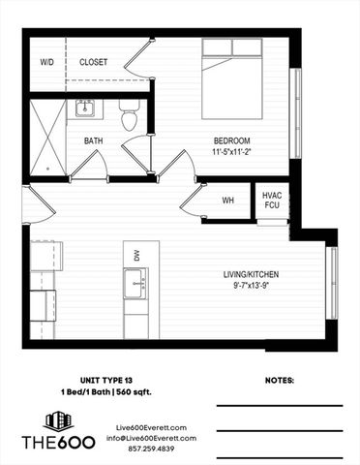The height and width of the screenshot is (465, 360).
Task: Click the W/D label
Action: pyautogui.click(x=45, y=62)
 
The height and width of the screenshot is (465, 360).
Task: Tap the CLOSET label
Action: pyautogui.click(x=93, y=62)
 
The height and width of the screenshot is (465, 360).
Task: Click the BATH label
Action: pyautogui.click(x=93, y=140)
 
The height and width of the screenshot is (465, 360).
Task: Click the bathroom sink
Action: pyautogui.click(x=84, y=108)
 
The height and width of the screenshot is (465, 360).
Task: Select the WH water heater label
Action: pyautogui.click(x=228, y=201)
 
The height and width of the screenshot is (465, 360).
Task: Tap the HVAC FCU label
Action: pyautogui.click(x=272, y=200)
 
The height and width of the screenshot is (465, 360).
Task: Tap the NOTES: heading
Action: pyautogui.click(x=278, y=382)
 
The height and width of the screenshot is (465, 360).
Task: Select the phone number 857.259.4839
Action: pyautogui.click(x=143, y=449)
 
